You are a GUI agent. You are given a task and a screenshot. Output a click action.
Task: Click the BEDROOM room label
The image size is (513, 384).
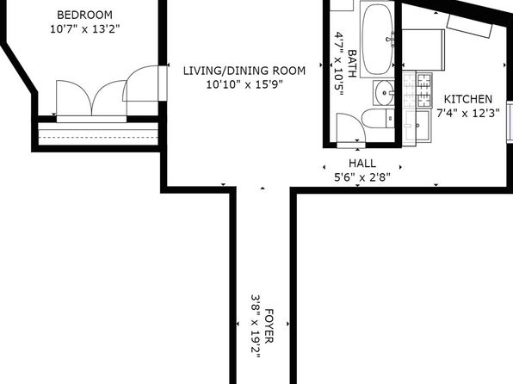click(x=84, y=15)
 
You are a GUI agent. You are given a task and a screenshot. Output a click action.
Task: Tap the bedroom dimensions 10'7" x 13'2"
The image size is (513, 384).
click(x=84, y=29)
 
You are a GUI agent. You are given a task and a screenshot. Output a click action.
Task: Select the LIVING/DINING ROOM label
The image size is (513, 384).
click(x=244, y=71)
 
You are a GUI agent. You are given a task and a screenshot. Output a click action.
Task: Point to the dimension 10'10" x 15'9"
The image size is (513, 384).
click(x=244, y=84)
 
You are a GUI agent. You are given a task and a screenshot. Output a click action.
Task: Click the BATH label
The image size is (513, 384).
click(x=352, y=63)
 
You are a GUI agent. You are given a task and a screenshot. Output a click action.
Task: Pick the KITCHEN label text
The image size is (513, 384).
click(x=468, y=99)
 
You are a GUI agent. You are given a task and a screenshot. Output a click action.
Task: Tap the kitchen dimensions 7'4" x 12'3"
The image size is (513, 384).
click(x=468, y=114)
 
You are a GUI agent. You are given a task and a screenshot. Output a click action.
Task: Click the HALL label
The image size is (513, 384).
click(x=362, y=164)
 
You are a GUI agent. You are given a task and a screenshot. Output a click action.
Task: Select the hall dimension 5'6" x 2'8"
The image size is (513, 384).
click(x=362, y=177)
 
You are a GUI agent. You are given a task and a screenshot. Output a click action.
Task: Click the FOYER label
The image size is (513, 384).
click(x=269, y=325)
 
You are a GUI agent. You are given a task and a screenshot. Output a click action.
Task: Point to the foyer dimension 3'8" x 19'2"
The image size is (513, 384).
click(x=256, y=326)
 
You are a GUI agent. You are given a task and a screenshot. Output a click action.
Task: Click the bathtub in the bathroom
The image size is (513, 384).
click(x=377, y=40)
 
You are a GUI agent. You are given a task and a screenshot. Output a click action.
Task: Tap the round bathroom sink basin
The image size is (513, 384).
click(x=384, y=93)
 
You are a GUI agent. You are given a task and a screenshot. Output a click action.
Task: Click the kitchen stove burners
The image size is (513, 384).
click(x=424, y=90)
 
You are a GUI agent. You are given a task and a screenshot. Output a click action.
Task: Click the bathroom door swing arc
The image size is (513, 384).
click(x=356, y=121)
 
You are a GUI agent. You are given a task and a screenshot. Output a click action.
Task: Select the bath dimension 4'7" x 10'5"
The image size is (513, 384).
click(x=339, y=63)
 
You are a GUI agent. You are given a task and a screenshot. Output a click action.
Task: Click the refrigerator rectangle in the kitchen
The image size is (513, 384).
click(x=423, y=50)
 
